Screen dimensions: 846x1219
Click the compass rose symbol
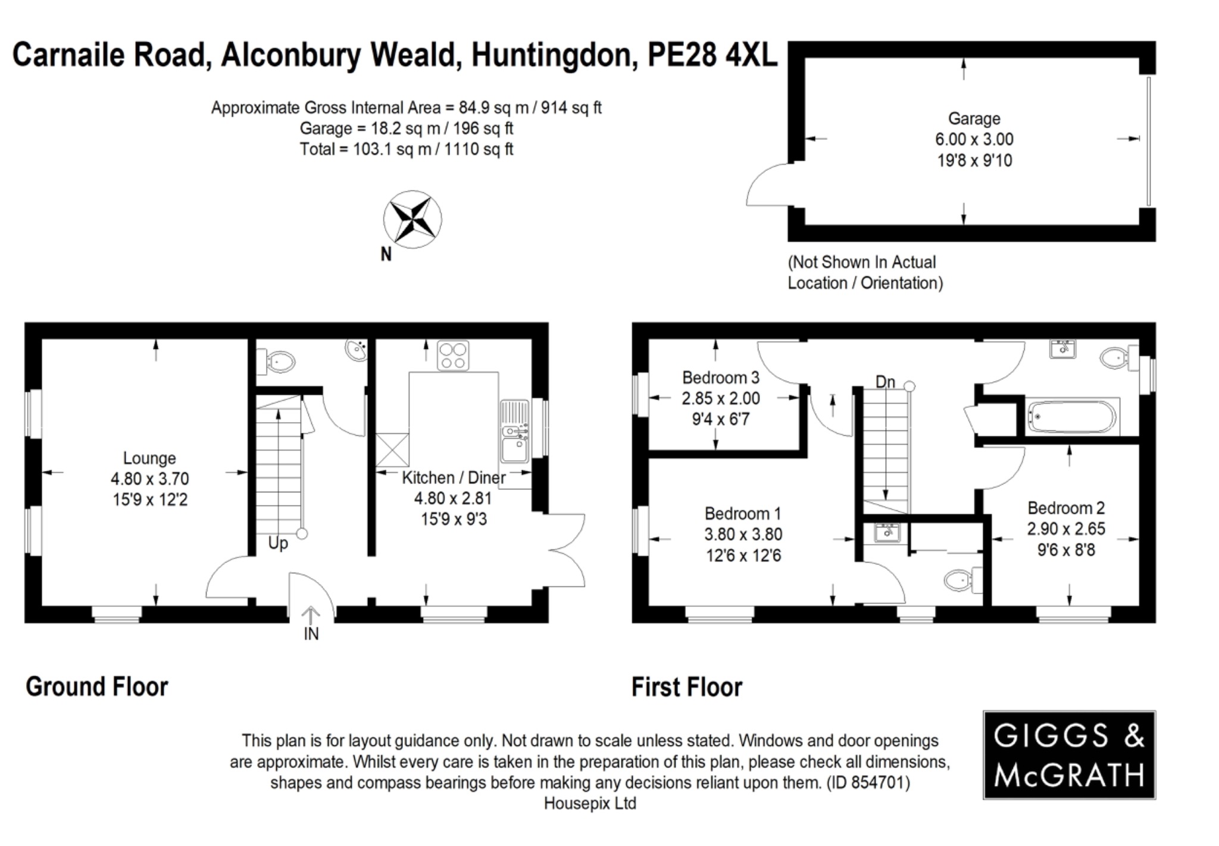tap(412, 219)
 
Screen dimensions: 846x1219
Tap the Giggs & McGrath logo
tap(1069, 754)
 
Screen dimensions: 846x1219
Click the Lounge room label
tap(149, 458)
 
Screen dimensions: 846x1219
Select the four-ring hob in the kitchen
tap(452, 355)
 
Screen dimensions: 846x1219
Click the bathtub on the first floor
tap(1072, 417)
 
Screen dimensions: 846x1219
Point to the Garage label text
tap(974, 118)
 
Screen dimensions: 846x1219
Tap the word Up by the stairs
tap(278, 543)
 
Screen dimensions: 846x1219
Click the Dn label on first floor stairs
tap(885, 382)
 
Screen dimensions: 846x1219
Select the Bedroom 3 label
tap(720, 377)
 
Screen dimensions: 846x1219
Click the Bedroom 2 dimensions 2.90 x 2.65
tap(1065, 529)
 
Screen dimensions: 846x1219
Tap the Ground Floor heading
tap(97, 686)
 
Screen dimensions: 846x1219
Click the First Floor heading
tap(686, 687)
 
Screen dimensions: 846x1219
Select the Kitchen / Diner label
tap(454, 477)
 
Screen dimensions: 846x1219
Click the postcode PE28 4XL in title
tap(712, 55)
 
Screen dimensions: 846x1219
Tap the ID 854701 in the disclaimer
tap(868, 782)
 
